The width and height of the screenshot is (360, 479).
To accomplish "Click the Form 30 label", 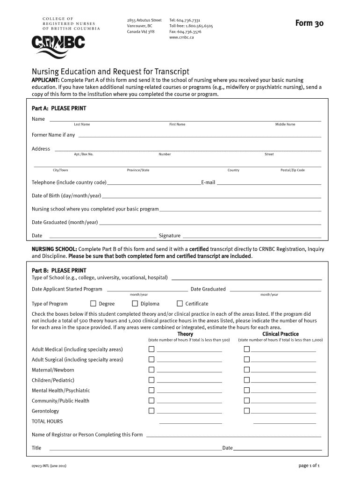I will point(309,24).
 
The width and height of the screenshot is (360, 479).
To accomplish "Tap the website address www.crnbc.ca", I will point(181,37).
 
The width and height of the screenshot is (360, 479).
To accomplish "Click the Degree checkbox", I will point(93,304).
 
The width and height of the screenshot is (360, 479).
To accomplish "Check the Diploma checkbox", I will point(135,304).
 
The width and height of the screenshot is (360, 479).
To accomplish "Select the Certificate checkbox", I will point(180,304).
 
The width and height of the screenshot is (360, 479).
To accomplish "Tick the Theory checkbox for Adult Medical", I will point(151,349).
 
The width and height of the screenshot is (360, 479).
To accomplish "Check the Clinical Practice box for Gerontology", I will point(247,411).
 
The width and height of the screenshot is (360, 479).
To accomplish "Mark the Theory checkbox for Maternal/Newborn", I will point(151,370).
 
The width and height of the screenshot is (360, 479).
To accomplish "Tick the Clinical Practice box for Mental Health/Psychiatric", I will point(247,391).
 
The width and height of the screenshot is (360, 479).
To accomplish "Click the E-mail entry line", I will point(269,183).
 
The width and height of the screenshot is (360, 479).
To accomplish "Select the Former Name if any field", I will point(200,136).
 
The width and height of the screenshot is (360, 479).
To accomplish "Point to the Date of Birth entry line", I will point(211,196).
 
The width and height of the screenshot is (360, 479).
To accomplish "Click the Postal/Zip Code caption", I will point(292,170).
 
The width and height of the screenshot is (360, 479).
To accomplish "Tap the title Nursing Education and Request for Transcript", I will point(110,72).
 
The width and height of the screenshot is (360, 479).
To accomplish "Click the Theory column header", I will point(185,334).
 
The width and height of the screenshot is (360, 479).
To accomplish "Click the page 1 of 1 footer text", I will point(309,466).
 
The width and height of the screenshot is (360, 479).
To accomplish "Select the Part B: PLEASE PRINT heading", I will point(59,270).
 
